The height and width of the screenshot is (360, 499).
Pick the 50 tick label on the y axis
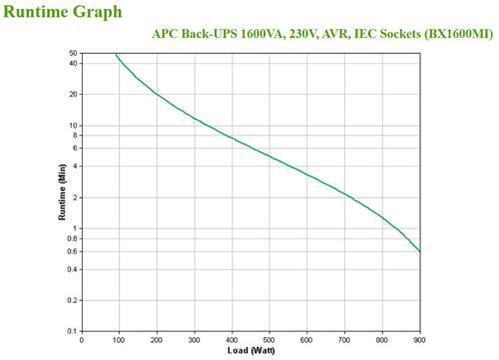[73, 52]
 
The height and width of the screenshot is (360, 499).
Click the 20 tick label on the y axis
[73, 94]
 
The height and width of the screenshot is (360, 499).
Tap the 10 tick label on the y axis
[73, 126]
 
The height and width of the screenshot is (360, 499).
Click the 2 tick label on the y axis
[75, 197]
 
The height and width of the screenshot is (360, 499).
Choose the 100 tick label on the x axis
[120, 340]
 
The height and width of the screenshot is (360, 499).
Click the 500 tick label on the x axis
[269, 340]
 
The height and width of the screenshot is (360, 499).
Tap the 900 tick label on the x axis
[419, 340]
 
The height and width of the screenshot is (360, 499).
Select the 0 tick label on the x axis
[82, 340]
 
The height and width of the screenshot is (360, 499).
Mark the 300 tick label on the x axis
[195, 340]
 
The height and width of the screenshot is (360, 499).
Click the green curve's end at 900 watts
[419, 251]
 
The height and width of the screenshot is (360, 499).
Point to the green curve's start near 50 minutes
[116, 54]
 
